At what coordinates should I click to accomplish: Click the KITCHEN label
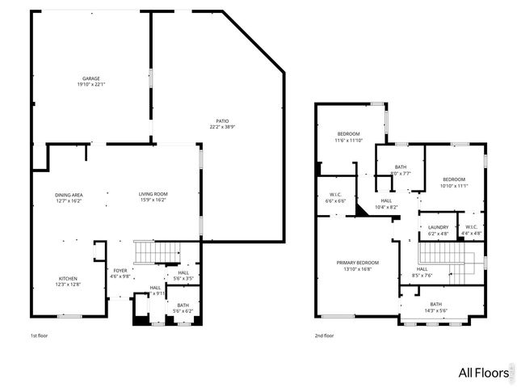click(x=68, y=280)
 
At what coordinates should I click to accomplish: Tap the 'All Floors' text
click(x=483, y=373)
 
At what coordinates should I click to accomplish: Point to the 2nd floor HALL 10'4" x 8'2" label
click(x=386, y=204)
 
